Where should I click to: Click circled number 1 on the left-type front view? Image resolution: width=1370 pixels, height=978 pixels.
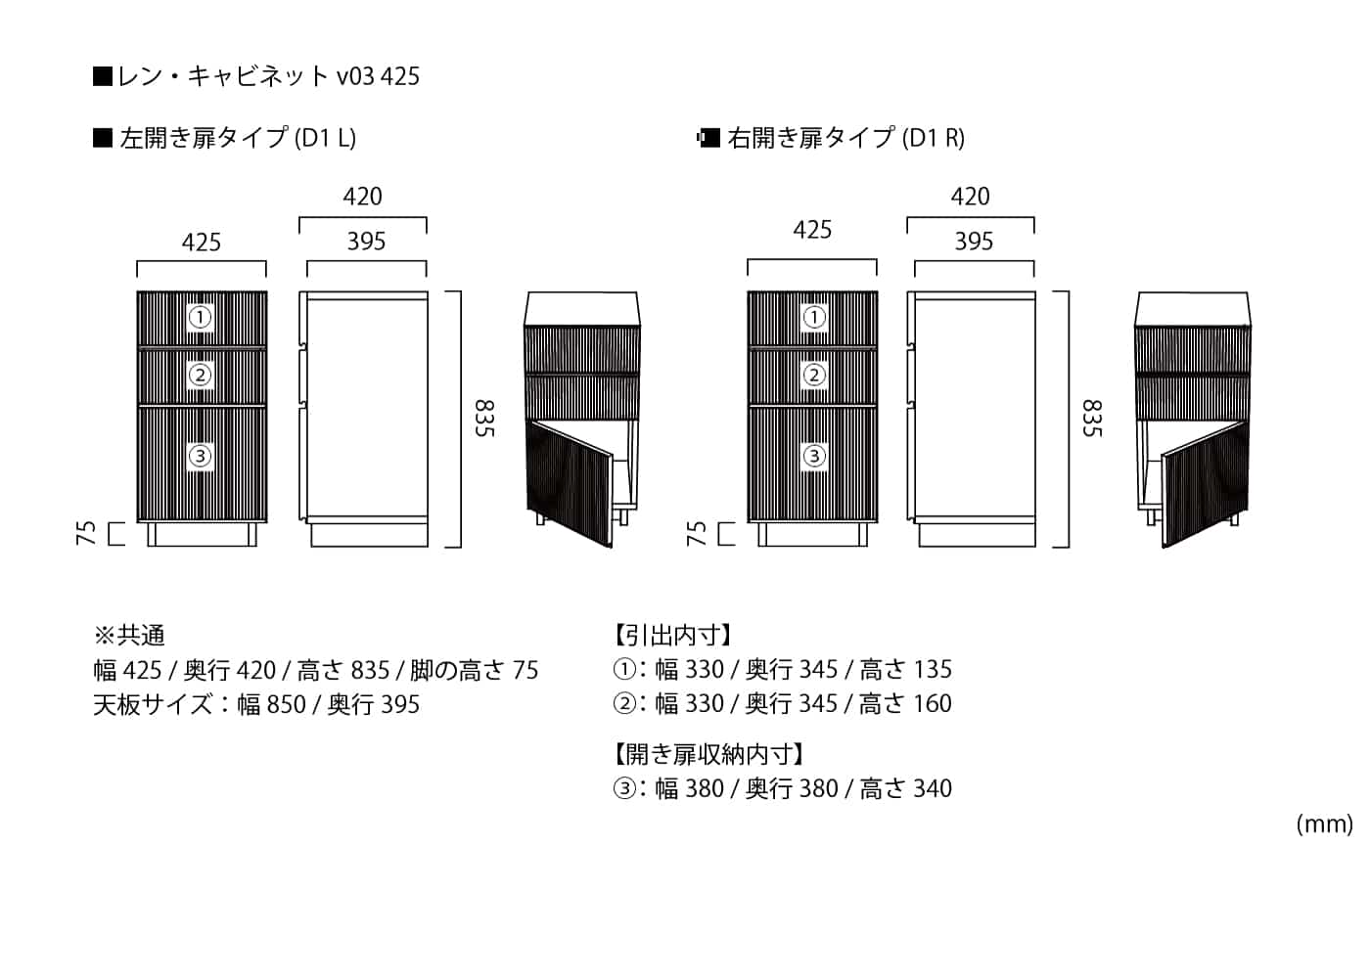(x=201, y=317)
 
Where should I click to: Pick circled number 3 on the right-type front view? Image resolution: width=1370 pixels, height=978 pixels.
(x=814, y=456)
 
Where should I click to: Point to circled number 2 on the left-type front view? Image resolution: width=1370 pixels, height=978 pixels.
(x=201, y=375)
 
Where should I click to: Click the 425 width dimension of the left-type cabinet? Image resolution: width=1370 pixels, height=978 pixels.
(x=202, y=243)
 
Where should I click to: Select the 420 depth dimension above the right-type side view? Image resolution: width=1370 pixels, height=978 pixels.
(x=970, y=197)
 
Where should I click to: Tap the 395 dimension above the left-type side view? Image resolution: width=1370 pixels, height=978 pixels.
(x=367, y=242)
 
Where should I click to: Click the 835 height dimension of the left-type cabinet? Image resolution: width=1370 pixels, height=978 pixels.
(x=484, y=419)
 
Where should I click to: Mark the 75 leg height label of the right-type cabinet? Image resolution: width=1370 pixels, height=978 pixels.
(x=697, y=533)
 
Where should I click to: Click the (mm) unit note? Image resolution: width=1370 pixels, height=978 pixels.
(x=1323, y=824)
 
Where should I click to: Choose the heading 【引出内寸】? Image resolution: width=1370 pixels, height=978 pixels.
(x=673, y=636)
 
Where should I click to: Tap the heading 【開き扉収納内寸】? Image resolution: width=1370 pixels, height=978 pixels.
(x=709, y=754)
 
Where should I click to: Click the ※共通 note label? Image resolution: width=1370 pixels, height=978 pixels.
(x=129, y=636)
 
